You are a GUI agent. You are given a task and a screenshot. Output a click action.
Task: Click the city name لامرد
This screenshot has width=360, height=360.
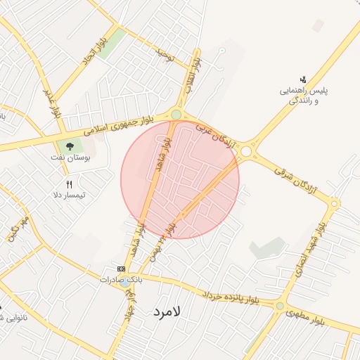point(166,310)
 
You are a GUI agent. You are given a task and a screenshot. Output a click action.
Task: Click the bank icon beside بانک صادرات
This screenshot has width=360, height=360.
point(121,269)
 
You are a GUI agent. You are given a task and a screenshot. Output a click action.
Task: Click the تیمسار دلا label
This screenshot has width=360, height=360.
point(69,194)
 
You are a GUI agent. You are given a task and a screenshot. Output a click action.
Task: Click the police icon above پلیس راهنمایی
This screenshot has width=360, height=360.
point(303,79)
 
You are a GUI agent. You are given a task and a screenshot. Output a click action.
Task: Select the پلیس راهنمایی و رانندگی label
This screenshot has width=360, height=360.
point(304,96)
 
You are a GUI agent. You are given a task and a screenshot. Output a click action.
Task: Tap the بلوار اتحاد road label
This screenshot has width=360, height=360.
point(96,50)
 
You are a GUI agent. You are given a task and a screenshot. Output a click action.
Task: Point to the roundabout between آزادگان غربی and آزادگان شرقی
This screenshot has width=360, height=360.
point(246,150)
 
